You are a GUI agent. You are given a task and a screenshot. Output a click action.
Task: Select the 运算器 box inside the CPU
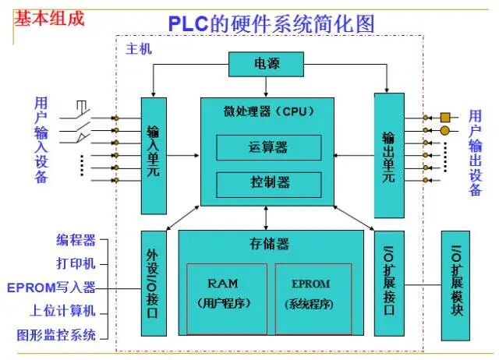268,147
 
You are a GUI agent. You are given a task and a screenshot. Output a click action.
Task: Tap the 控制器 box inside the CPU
268,182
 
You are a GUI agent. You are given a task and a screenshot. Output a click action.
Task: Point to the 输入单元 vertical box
154,155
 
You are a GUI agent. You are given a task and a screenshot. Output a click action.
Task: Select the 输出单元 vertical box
388,155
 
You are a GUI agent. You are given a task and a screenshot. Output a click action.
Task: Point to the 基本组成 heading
49,17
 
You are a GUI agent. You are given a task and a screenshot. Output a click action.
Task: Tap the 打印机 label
76,263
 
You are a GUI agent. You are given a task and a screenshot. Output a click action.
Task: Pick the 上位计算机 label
63,311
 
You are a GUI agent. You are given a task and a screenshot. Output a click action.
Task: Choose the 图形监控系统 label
57,335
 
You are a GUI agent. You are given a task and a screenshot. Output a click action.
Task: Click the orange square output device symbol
445,117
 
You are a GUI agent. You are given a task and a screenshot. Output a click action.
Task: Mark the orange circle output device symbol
445,131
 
